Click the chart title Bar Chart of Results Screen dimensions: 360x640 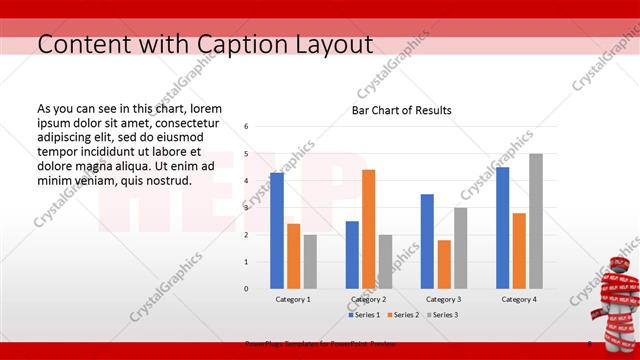coord(400,110)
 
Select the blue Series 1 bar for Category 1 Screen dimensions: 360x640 coord(277,230)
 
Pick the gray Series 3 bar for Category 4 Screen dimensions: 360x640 coord(535,221)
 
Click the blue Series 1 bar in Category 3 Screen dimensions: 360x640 coord(427,241)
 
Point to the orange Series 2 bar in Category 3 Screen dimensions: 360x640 coord(444,264)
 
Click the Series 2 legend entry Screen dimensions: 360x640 coord(402,315)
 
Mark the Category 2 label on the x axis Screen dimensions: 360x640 coord(368,299)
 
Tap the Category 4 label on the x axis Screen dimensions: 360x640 coord(519,299)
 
